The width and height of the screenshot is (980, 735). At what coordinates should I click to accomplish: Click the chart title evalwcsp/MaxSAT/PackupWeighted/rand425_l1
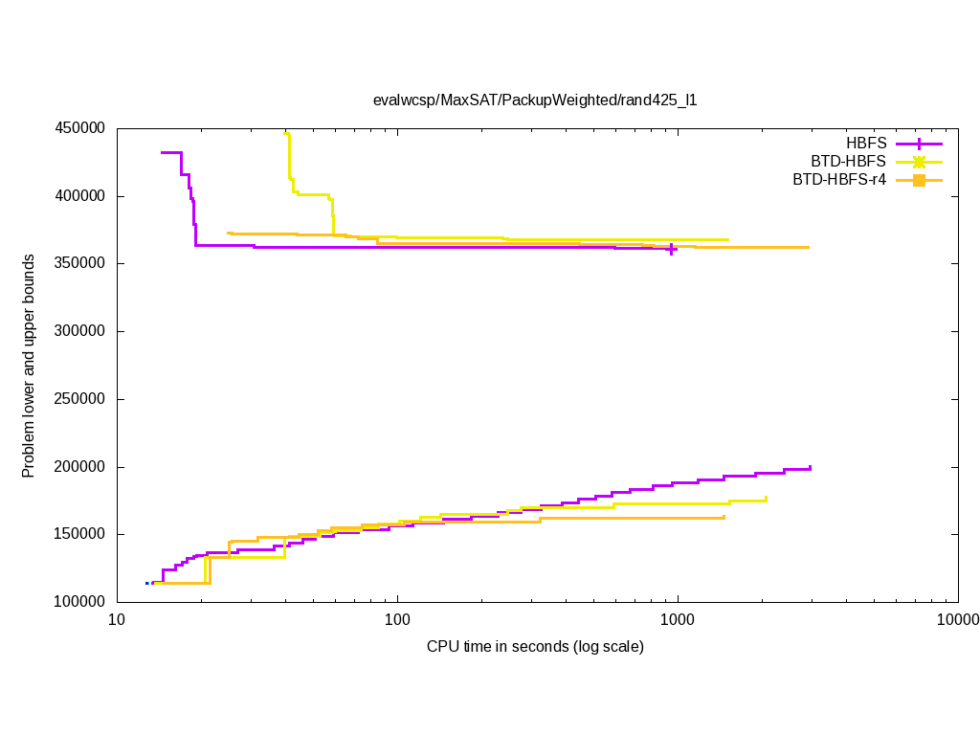coord(535,100)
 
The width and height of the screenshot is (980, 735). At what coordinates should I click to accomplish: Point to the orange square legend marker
coord(919,179)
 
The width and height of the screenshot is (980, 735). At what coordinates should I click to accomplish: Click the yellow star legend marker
coord(919,162)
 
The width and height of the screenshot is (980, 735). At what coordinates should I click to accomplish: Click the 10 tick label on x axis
coord(117,620)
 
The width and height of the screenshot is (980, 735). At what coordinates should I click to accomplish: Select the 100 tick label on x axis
coord(397,620)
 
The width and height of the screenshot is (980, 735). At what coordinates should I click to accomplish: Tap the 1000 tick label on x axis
coord(678,620)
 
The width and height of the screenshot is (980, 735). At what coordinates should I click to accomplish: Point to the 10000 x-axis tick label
coord(957,620)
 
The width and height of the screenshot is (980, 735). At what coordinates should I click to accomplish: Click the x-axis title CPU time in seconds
coord(535,647)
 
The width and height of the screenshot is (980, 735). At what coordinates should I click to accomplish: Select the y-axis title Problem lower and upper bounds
coord(30,366)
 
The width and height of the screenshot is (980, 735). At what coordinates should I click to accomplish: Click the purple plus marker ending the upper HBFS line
coord(672,249)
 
